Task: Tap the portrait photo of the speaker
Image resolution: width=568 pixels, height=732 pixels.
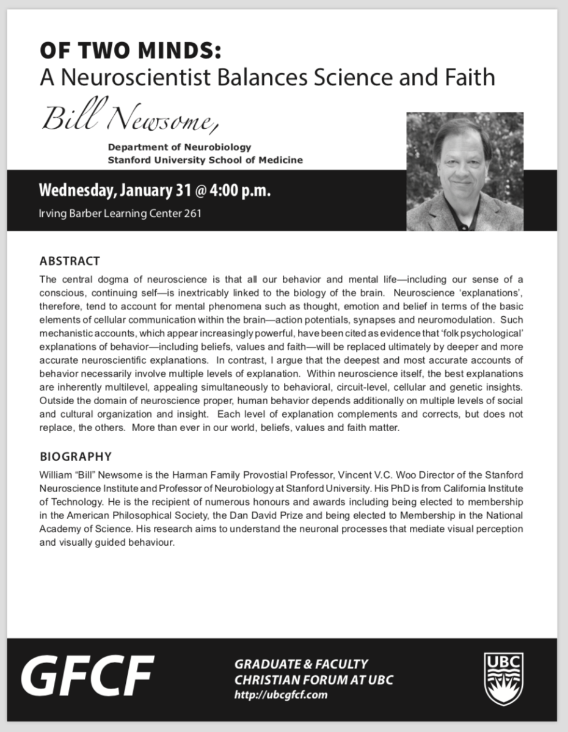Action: (x=465, y=172)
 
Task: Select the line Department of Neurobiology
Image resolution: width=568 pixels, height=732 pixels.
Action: (x=179, y=147)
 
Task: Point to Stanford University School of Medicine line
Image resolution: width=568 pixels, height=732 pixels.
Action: (x=205, y=160)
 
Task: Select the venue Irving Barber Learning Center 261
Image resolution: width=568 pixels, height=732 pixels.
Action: (x=120, y=214)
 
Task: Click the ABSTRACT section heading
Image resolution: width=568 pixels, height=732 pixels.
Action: (x=69, y=261)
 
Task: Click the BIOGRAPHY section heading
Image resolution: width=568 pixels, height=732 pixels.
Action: (x=75, y=457)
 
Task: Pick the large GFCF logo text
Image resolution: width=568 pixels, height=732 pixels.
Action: (x=87, y=678)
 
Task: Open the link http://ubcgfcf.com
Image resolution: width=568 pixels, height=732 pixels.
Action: (x=281, y=695)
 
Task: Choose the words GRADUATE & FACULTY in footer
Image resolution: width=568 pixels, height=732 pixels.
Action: (x=301, y=664)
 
